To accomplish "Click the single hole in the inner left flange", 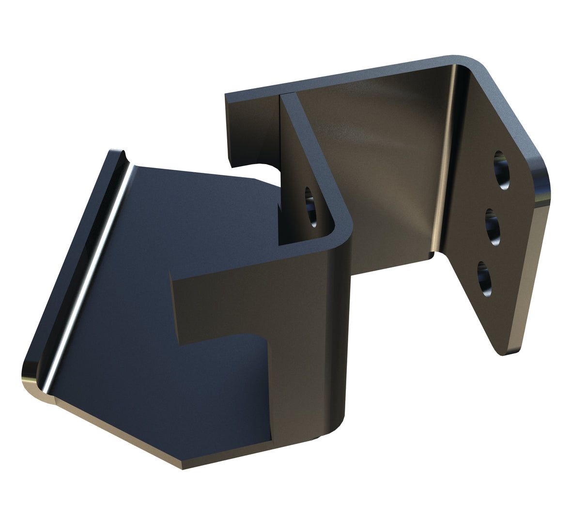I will point(310,207).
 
